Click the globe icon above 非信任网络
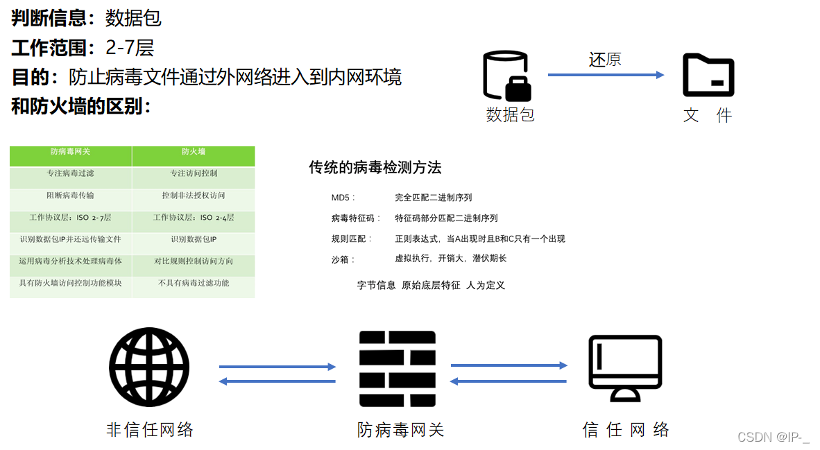pyautogui.click(x=149, y=367)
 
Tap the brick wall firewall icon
pyautogui.click(x=398, y=368)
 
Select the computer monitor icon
pyautogui.click(x=625, y=368)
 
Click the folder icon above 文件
pyautogui.click(x=708, y=75)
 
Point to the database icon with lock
pyautogui.click(x=507, y=76)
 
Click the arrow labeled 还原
pyautogui.click(x=606, y=75)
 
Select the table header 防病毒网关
pyautogui.click(x=71, y=152)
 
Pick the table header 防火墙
pyautogui.click(x=194, y=152)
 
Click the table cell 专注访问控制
pyautogui.click(x=194, y=173)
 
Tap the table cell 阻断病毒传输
pyautogui.click(x=71, y=196)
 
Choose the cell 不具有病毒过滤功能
pyautogui.click(x=194, y=283)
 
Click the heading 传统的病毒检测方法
pyautogui.click(x=375, y=168)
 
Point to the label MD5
pyautogui.click(x=343, y=198)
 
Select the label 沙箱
pyautogui.click(x=343, y=259)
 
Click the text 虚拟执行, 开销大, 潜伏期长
pyautogui.click(x=451, y=259)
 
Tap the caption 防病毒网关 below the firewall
pyautogui.click(x=400, y=430)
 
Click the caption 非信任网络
pyautogui.click(x=150, y=430)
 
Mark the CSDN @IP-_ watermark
pyautogui.click(x=774, y=437)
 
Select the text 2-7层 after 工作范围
pyautogui.click(x=130, y=47)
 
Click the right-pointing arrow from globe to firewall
pyautogui.click(x=277, y=367)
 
